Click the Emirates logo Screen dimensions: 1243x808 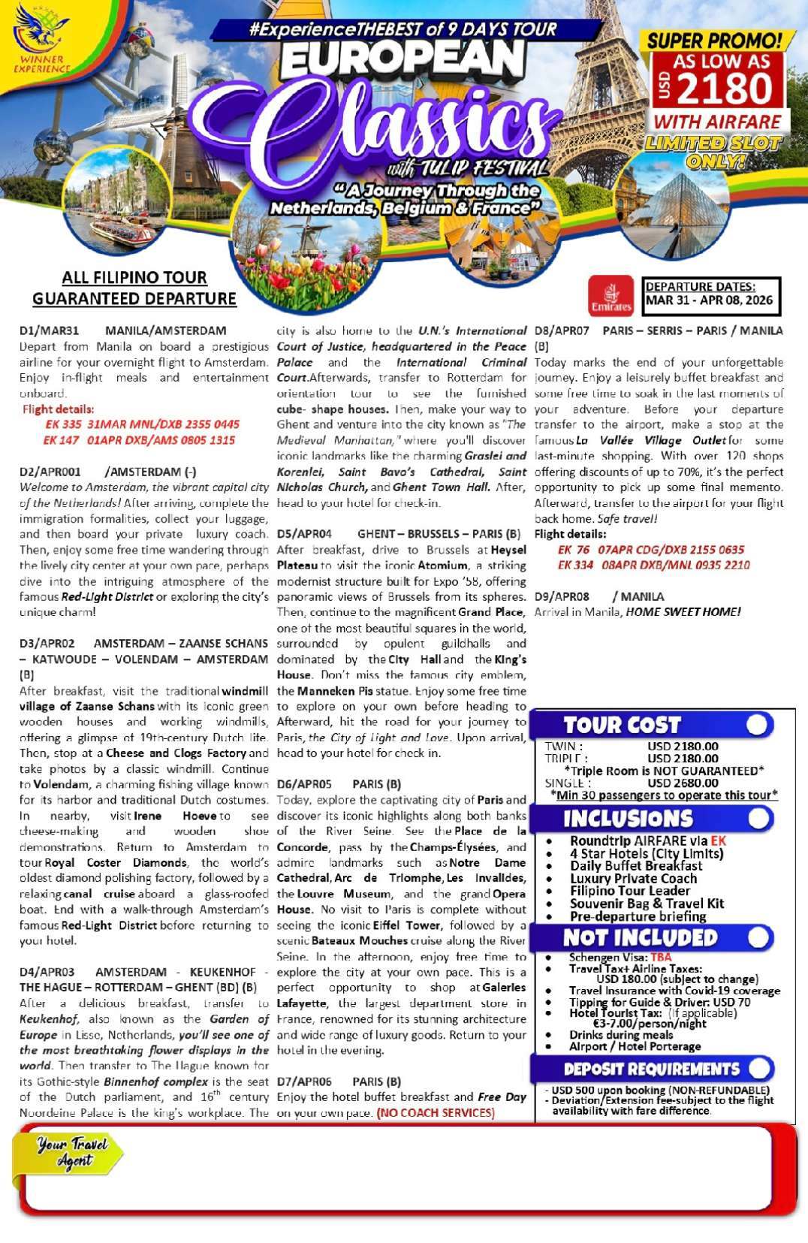click(611, 296)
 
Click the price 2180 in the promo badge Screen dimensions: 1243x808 click(724, 89)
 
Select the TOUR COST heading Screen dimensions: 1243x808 click(622, 725)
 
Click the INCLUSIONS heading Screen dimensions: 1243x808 click(628, 819)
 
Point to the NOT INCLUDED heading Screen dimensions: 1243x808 click(640, 937)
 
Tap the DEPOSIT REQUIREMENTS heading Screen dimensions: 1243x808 click(651, 1069)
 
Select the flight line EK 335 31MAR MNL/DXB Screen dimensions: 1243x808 click(142, 424)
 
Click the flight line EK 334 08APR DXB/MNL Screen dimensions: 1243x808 click(653, 565)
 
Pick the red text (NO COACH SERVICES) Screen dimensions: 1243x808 click(436, 1112)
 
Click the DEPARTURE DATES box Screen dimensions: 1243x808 click(711, 297)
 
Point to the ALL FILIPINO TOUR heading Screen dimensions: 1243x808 click(134, 278)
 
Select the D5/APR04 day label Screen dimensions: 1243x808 click(304, 534)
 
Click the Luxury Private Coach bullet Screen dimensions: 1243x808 click(633, 878)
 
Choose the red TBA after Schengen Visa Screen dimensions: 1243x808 click(661, 957)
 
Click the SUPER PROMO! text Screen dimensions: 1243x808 click(714, 41)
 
